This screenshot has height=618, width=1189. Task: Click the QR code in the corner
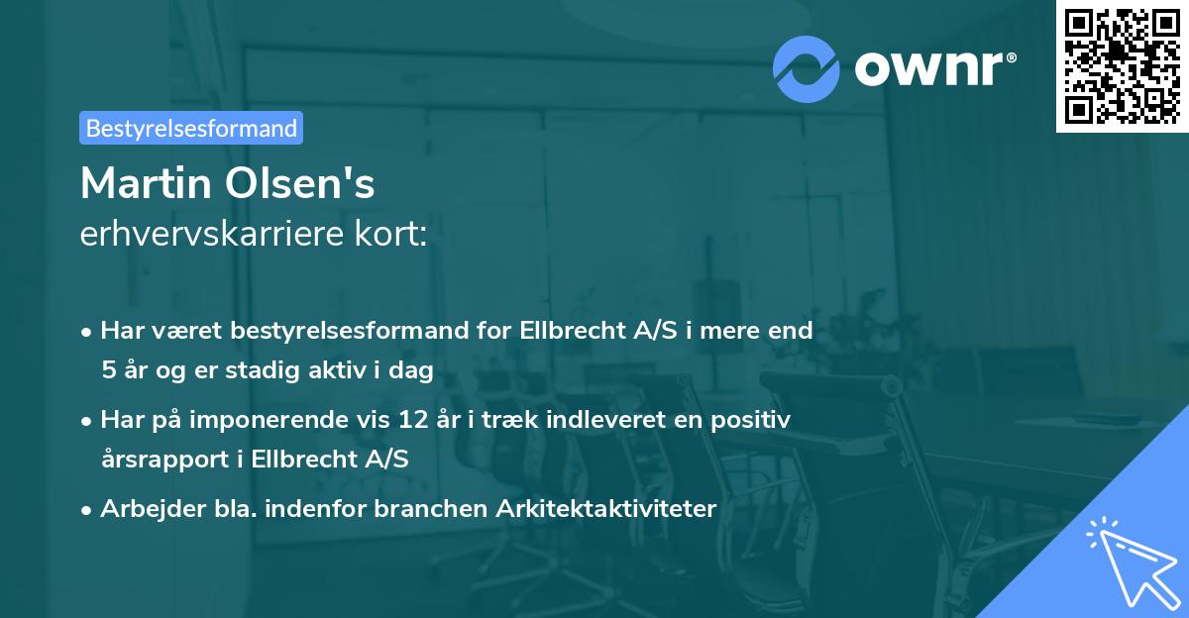(1122, 65)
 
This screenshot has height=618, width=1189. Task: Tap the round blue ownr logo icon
(807, 69)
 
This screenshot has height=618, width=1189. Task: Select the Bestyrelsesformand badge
(191, 128)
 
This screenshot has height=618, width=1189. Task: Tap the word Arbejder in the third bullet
(145, 509)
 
